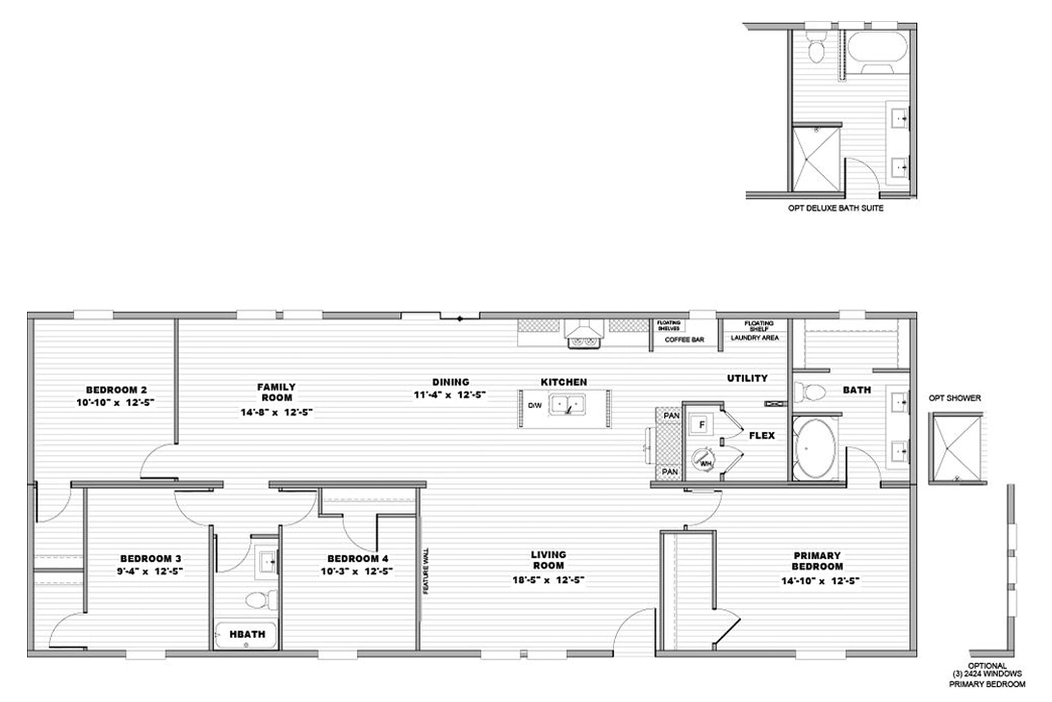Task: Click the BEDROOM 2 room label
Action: [117, 390]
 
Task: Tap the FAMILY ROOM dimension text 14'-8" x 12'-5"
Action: [277, 412]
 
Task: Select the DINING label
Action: [451, 382]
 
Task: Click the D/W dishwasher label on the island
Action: [535, 405]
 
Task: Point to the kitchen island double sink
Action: [567, 404]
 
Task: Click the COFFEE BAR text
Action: [684, 340]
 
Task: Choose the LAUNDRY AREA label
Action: [755, 338]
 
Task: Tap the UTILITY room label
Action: [747, 379]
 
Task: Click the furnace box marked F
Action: [701, 425]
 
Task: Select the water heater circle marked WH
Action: [703, 459]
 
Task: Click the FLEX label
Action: [762, 435]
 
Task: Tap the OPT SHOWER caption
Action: [955, 398]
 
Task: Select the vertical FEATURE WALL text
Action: [426, 571]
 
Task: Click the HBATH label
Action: [247, 634]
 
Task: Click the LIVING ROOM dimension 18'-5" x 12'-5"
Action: [548, 580]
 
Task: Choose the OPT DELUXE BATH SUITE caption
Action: [835, 208]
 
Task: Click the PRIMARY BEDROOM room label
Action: [817, 561]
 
